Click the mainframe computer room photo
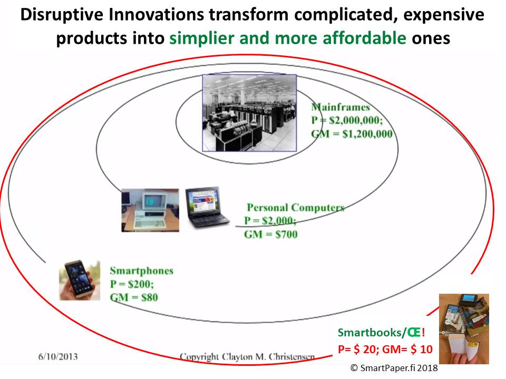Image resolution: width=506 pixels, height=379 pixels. point(249,113)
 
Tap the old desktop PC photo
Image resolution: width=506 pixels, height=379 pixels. point(150,210)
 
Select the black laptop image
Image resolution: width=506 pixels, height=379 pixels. point(207,207)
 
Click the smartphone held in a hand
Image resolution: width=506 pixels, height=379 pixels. point(80,280)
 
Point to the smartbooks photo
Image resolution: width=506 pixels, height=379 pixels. point(464,328)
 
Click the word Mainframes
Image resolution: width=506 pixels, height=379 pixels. point(340,107)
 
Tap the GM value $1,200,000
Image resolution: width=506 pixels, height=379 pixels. point(367,134)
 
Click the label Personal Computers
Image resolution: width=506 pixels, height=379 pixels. point(296,207)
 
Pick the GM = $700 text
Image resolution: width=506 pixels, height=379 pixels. point(271,234)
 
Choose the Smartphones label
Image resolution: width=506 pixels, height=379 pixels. point(142,271)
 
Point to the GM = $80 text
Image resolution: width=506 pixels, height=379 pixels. point(134,297)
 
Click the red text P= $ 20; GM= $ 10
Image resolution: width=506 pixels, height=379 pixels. point(385,349)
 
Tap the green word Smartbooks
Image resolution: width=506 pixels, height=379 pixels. point(369,332)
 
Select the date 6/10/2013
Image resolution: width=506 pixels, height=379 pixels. point(58,357)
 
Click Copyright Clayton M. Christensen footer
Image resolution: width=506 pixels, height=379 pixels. point(247,357)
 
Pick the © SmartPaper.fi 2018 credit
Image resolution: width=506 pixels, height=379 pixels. point(394,368)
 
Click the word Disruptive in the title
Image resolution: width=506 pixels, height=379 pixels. point(62,15)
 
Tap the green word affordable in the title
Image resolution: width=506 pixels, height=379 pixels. point(364,38)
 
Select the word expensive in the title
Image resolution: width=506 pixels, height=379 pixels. point(444,15)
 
